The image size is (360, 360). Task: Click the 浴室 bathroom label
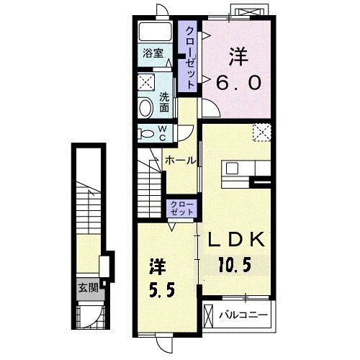[153, 53]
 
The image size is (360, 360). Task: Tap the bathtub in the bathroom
[156, 32]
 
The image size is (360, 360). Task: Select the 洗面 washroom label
[164, 102]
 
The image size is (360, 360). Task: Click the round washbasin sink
[146, 108]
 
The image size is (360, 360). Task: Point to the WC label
[163, 133]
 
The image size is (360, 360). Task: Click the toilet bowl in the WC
[147, 134]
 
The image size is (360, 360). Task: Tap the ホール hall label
[180, 161]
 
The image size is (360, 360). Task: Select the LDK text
[236, 239]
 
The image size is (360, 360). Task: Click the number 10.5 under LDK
[235, 264]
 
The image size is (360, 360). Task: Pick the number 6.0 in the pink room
[238, 82]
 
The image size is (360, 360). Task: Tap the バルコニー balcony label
[243, 315]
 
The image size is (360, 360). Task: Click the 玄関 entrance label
[89, 287]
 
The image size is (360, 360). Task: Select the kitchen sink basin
[232, 168]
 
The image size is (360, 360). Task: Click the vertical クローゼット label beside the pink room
[190, 58]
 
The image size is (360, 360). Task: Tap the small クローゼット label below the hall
[181, 208]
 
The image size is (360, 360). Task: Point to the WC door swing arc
[189, 135]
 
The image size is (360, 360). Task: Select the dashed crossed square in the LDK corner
[261, 132]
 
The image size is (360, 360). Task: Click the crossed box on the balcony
[208, 315]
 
